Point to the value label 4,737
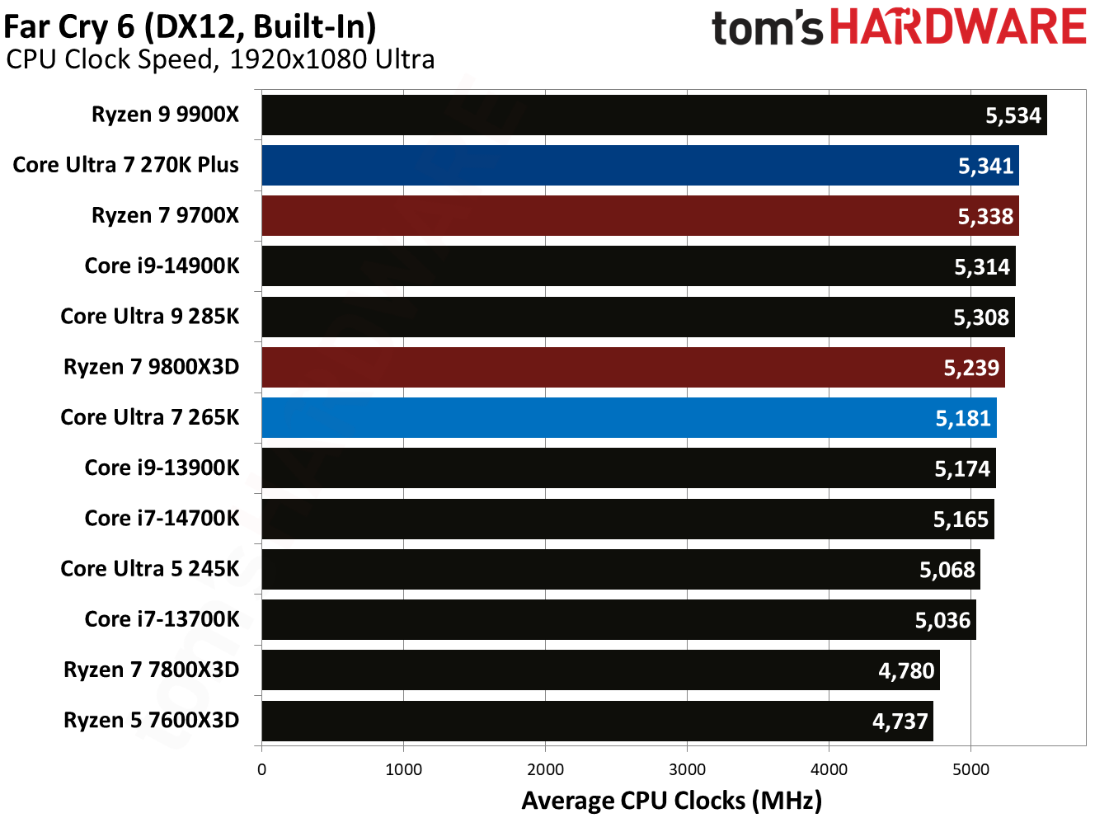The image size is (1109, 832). (x=900, y=721)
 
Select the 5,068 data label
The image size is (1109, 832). (x=947, y=569)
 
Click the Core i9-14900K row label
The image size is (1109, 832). (x=162, y=266)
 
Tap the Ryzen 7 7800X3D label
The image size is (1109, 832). (x=151, y=669)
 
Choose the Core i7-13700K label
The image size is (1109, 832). (x=162, y=618)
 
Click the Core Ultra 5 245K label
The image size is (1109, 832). (x=149, y=568)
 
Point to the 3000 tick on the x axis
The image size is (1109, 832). (x=687, y=769)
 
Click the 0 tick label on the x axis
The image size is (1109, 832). (x=261, y=769)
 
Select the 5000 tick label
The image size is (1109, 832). (x=970, y=769)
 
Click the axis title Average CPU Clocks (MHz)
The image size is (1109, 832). (x=671, y=801)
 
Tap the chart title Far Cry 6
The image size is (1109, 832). (x=190, y=26)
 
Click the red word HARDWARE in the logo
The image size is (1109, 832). (x=957, y=27)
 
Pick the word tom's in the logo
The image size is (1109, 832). (x=766, y=29)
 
